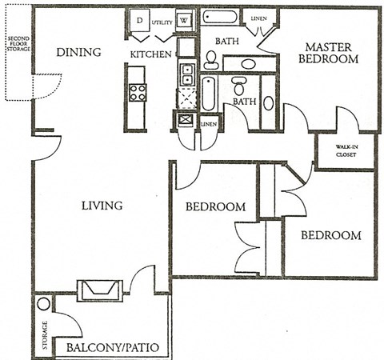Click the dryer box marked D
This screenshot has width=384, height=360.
click(138, 20)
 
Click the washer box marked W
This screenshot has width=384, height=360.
click(183, 20)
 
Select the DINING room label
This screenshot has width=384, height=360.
click(78, 53)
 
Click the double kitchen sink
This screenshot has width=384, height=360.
click(186, 75)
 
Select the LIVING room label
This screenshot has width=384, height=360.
click(102, 206)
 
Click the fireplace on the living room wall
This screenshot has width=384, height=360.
click(98, 289)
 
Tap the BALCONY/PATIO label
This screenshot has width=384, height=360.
click(113, 348)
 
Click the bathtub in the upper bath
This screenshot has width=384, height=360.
click(219, 18)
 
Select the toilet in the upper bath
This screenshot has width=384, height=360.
click(211, 58)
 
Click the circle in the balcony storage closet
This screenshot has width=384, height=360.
click(43, 305)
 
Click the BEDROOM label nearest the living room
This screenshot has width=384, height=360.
click(215, 206)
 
